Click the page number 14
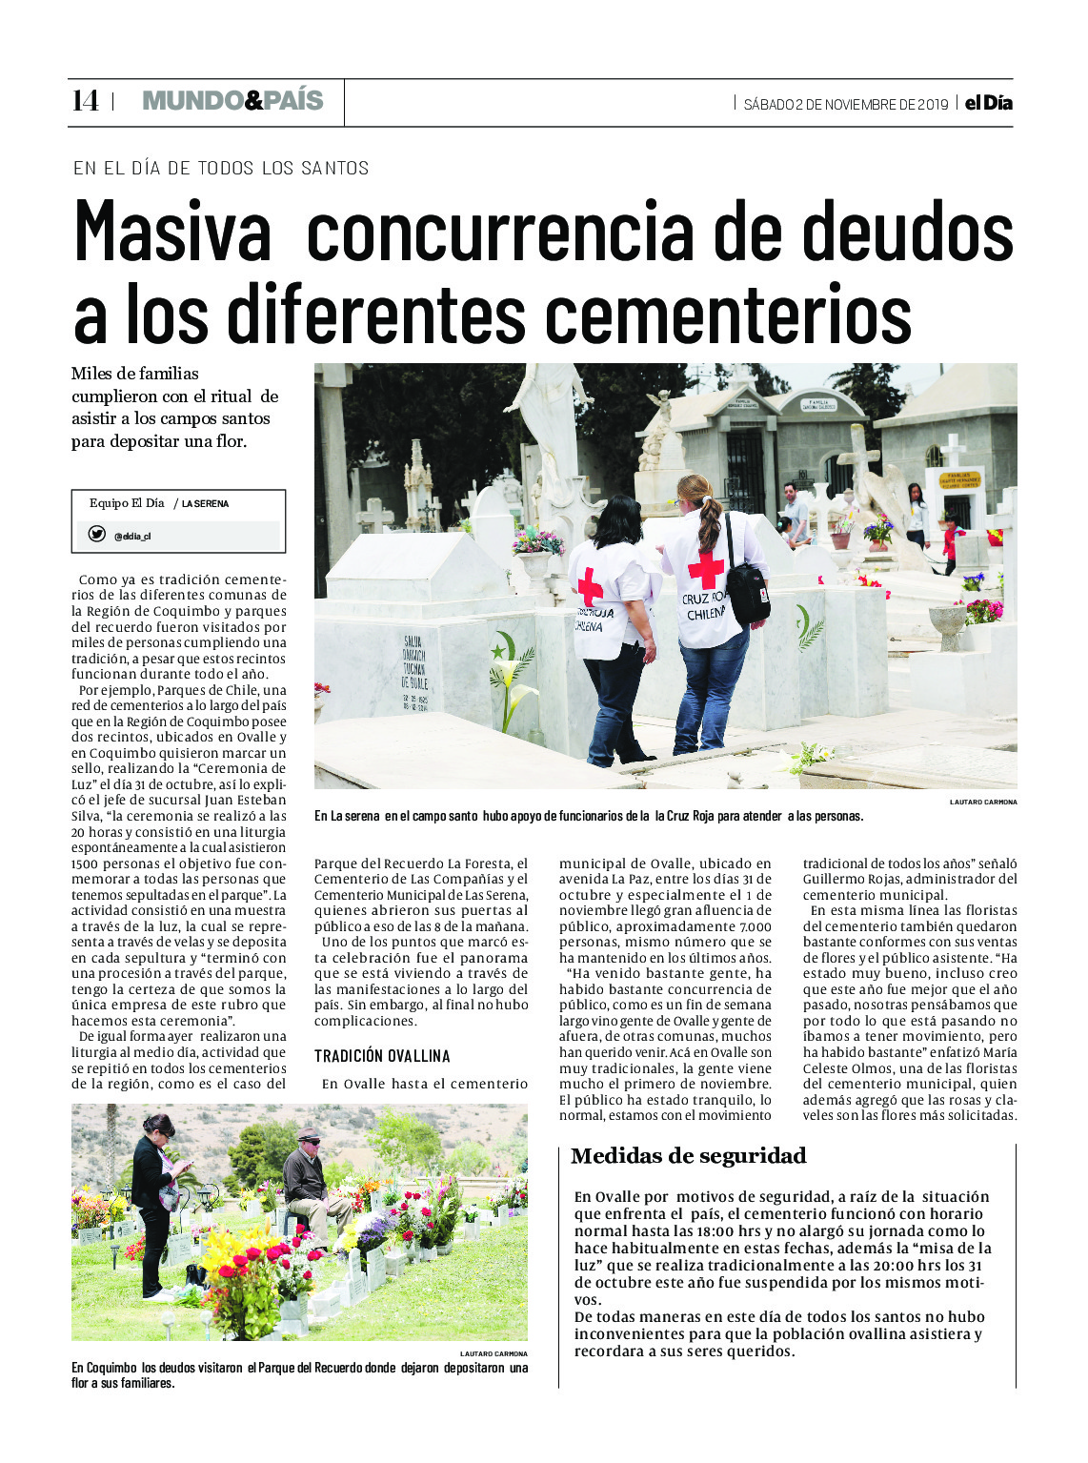pyautogui.click(x=85, y=101)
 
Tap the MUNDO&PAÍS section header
pyautogui.click(x=232, y=101)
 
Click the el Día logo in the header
pyautogui.click(x=988, y=103)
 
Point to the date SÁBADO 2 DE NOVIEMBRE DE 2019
pyautogui.click(x=845, y=104)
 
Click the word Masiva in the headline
pyautogui.click(x=172, y=232)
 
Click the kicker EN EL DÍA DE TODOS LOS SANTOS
pyautogui.click(x=221, y=169)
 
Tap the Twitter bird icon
pyautogui.click(x=96, y=535)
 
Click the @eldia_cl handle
pyautogui.click(x=132, y=537)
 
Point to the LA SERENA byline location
pyautogui.click(x=205, y=504)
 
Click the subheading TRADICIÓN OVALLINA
pyautogui.click(x=382, y=1056)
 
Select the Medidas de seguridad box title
pyautogui.click(x=688, y=1156)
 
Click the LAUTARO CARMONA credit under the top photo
pyautogui.click(x=982, y=803)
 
